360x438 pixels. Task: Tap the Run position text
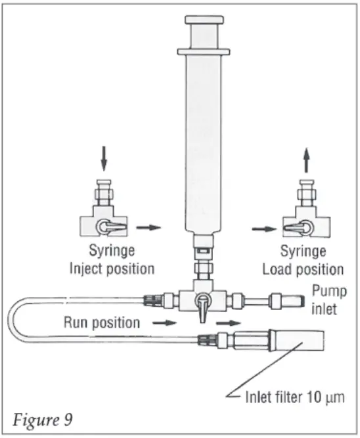point(101,322)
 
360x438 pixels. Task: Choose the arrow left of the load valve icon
point(261,229)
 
